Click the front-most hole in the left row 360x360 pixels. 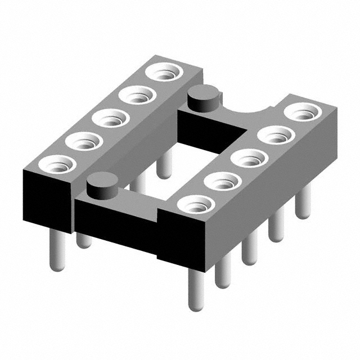pyautogui.click(x=56, y=164)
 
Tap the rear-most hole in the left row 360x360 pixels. pyautogui.click(x=164, y=73)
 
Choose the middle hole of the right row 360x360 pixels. pyautogui.click(x=249, y=158)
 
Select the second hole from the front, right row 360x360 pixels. pyautogui.click(x=223, y=181)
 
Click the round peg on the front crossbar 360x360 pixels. pyautogui.click(x=102, y=186)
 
